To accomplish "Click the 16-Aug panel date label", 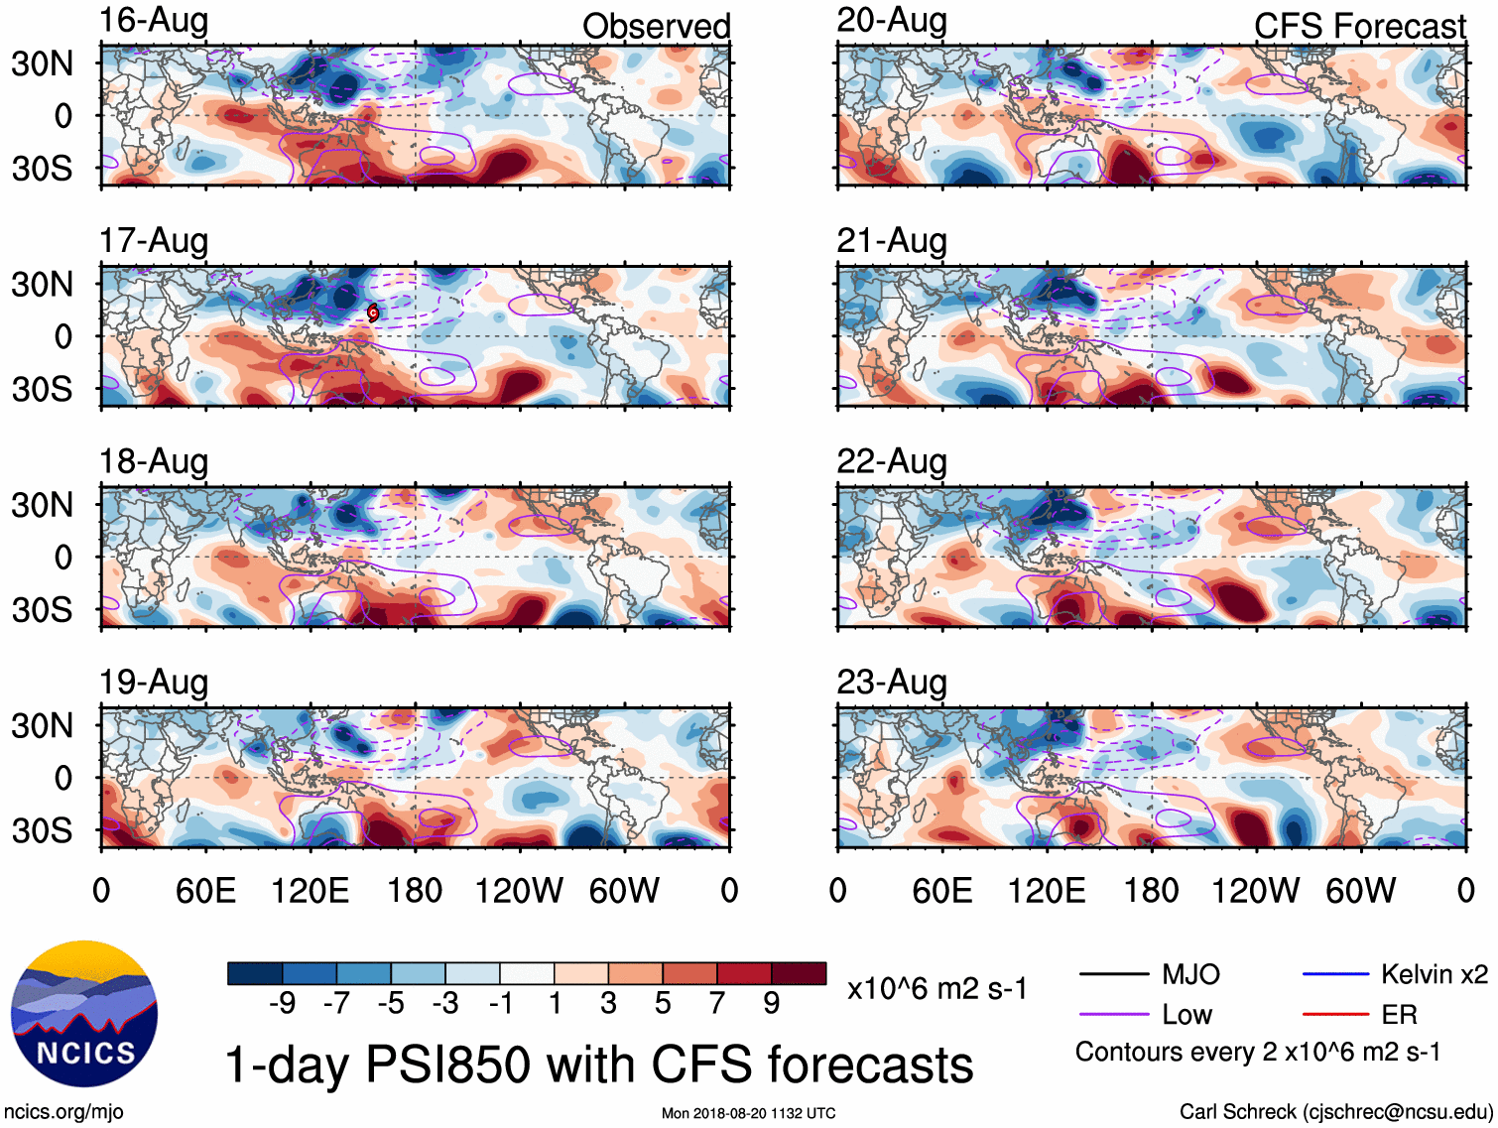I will pyautogui.click(x=154, y=21).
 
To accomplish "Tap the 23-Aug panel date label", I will pyautogui.click(x=892, y=683).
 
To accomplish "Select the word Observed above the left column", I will pyautogui.click(x=656, y=26).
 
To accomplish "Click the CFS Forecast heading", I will pyautogui.click(x=1359, y=26).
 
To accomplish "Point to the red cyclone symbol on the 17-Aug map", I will pyautogui.click(x=373, y=313).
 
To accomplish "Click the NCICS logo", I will pyautogui.click(x=84, y=1013).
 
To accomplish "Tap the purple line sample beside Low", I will pyautogui.click(x=1113, y=1014).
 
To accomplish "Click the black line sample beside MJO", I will pyautogui.click(x=1113, y=974).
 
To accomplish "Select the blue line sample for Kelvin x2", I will pyautogui.click(x=1335, y=974).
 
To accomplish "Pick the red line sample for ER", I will pyautogui.click(x=1335, y=1014).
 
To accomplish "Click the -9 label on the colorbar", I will pyautogui.click(x=282, y=1004).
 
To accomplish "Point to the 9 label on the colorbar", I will pyautogui.click(x=771, y=1004).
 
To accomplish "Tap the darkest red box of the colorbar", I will pyautogui.click(x=799, y=973).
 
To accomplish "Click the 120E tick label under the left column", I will pyautogui.click(x=310, y=891).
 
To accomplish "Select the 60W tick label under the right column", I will pyautogui.click(x=1360, y=891).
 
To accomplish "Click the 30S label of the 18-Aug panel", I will pyautogui.click(x=42, y=609).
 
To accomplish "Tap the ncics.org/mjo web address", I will pyautogui.click(x=63, y=1112).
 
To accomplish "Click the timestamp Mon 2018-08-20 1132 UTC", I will pyautogui.click(x=748, y=1113).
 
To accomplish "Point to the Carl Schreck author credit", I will pyautogui.click(x=1335, y=1112).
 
